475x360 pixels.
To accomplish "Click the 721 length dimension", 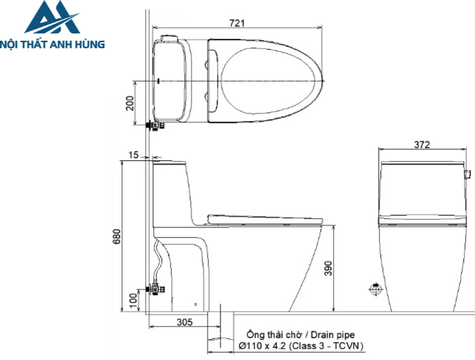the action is [237, 23].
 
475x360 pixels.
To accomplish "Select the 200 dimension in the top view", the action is [130, 103].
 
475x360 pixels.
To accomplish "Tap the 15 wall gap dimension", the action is [133, 155].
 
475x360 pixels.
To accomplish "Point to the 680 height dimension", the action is [117, 236].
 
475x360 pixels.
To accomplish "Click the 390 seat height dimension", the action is [328, 268].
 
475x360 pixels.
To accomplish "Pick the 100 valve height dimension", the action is [133, 300].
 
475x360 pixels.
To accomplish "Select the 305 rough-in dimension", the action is [185, 322].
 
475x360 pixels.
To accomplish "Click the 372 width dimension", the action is [422, 145].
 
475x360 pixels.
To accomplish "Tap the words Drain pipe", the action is [332, 335].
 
